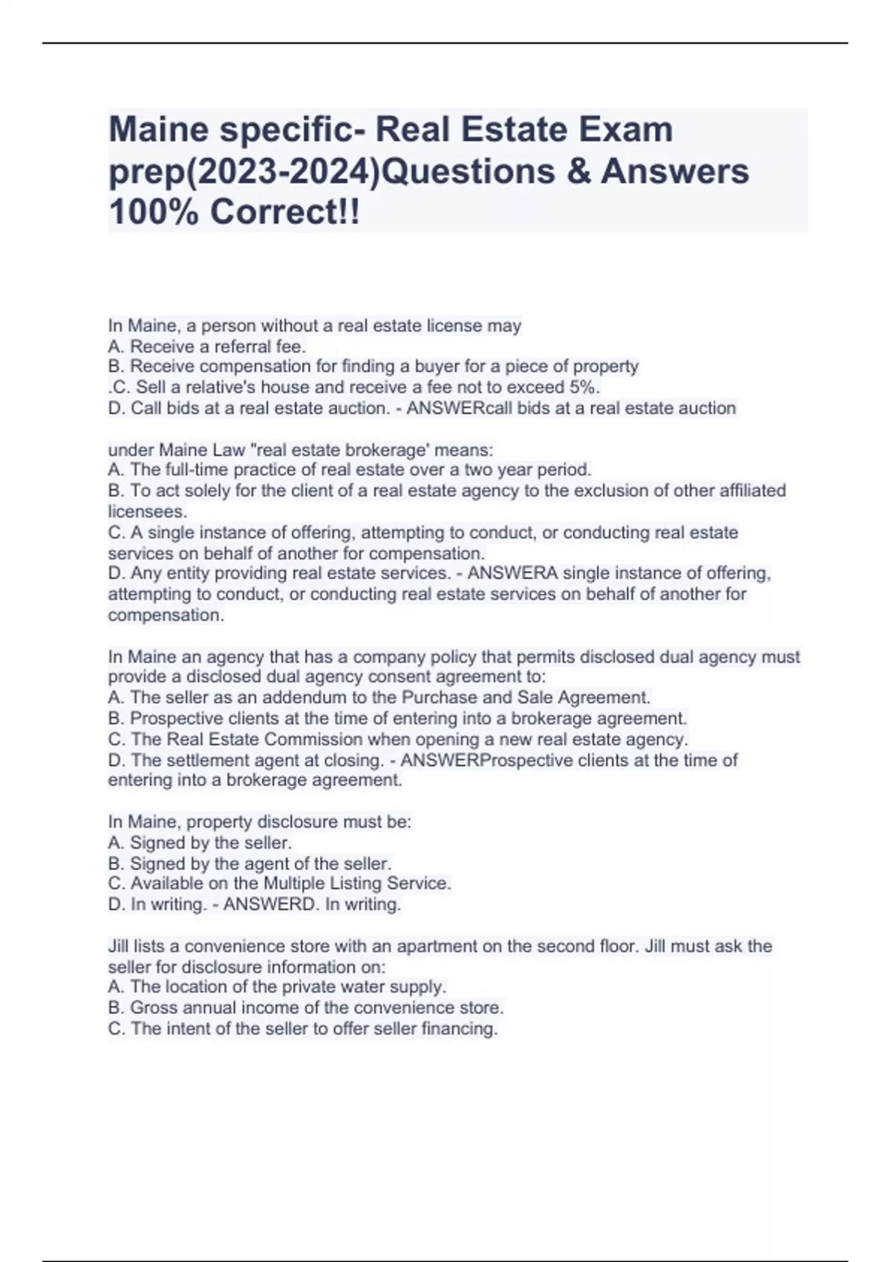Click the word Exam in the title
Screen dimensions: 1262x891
pyautogui.click(x=630, y=130)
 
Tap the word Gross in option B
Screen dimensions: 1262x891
pyautogui.click(x=151, y=1007)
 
